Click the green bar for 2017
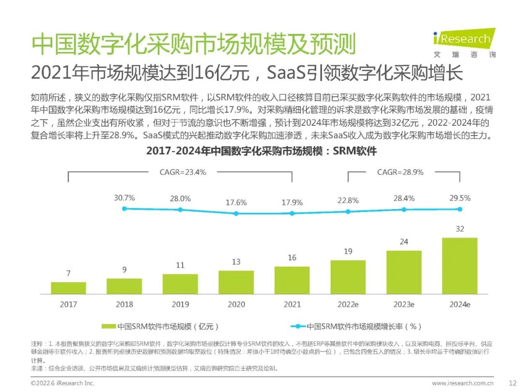(68, 288)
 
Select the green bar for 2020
(236, 282)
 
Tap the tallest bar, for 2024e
(460, 266)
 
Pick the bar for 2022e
(348, 277)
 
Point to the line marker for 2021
(292, 213)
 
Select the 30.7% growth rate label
(124, 198)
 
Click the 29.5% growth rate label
(460, 198)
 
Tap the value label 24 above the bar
(403, 241)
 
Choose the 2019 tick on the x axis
(180, 305)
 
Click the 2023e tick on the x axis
(403, 305)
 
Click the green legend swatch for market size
(108, 327)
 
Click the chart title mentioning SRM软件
(261, 151)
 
